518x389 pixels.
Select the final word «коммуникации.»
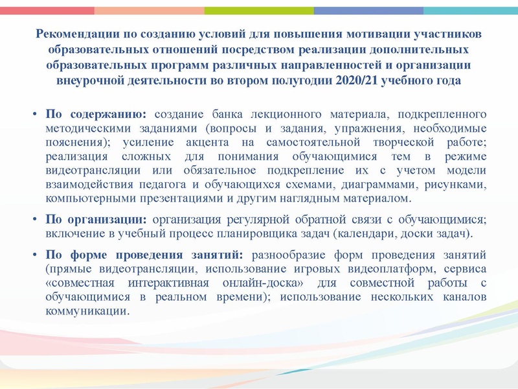tap(87, 311)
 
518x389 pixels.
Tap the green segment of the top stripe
tap(259, 10)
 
